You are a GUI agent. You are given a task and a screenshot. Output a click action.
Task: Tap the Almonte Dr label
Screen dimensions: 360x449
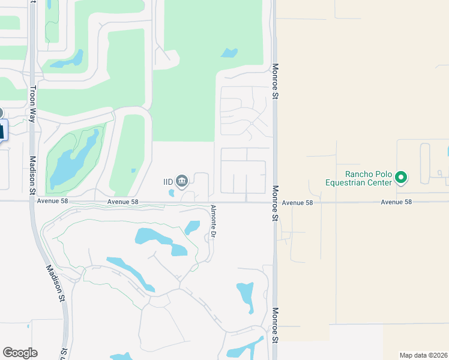pyautogui.click(x=212, y=221)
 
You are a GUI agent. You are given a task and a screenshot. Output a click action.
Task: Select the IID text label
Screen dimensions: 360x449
pyautogui.click(x=169, y=181)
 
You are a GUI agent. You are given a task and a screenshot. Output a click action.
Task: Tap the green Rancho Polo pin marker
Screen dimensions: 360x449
pyautogui.click(x=402, y=178)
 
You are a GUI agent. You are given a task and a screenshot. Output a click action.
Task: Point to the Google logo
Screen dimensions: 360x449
pyautogui.click(x=20, y=353)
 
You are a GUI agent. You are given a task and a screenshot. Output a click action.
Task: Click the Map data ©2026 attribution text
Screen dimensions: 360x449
pyautogui.click(x=424, y=355)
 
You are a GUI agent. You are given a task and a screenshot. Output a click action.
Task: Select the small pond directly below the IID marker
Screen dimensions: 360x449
pyautogui.click(x=172, y=193)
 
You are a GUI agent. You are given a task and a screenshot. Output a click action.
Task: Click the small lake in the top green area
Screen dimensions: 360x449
pyautogui.click(x=229, y=53)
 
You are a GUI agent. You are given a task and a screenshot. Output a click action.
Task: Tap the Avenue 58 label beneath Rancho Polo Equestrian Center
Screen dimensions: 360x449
pyautogui.click(x=397, y=202)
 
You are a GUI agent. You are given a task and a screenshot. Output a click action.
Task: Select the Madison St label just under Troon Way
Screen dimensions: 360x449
pyautogui.click(x=32, y=175)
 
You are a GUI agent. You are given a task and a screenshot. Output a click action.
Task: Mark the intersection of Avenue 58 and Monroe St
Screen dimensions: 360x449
pyautogui.click(x=274, y=202)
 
